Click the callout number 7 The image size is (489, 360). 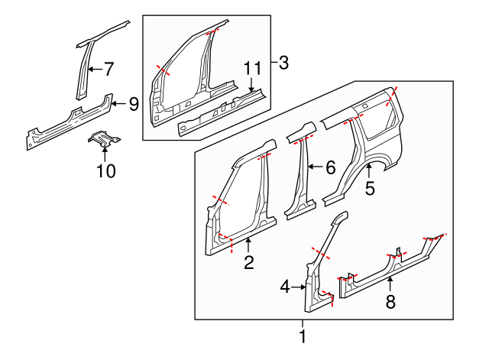(108, 69)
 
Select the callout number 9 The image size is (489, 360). (134, 104)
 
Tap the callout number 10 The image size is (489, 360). (106, 171)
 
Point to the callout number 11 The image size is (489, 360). (252, 68)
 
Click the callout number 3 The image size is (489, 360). (283, 63)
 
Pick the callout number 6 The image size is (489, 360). (331, 167)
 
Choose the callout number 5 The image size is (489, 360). (370, 189)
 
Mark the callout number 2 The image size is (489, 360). (249, 262)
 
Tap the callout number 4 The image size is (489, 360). (285, 287)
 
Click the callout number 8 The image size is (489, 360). (390, 302)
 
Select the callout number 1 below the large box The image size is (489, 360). (303, 336)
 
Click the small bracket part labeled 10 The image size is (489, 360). (104, 139)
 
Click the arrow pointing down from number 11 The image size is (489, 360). (251, 84)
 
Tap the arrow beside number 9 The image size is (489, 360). (119, 104)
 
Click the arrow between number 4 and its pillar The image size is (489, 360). (299, 287)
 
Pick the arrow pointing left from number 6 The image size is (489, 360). (316, 167)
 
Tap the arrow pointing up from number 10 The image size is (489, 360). (105, 154)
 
